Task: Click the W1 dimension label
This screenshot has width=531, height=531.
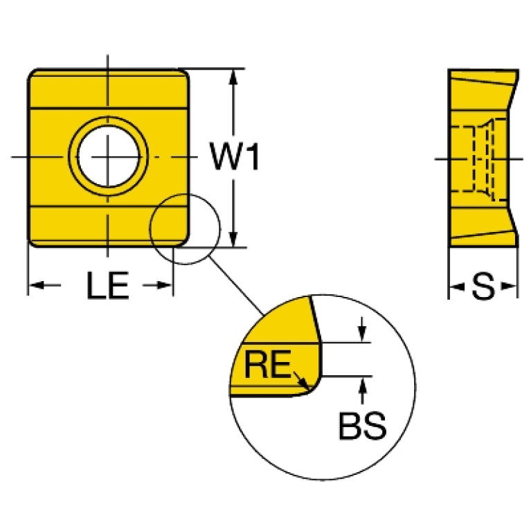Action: click(235, 158)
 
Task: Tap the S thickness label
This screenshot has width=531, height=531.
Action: click(483, 286)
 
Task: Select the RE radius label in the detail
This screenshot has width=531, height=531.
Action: click(267, 365)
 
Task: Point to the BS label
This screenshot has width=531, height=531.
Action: click(361, 428)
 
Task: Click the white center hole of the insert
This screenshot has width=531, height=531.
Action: click(107, 157)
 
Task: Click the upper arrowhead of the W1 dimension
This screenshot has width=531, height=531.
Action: click(235, 75)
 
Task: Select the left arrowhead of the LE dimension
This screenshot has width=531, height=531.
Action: click(35, 285)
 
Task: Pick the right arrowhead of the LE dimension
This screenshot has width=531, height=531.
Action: click(165, 285)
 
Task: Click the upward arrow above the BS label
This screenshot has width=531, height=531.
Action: click(362, 386)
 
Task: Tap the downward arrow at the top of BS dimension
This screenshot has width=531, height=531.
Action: click(362, 333)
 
